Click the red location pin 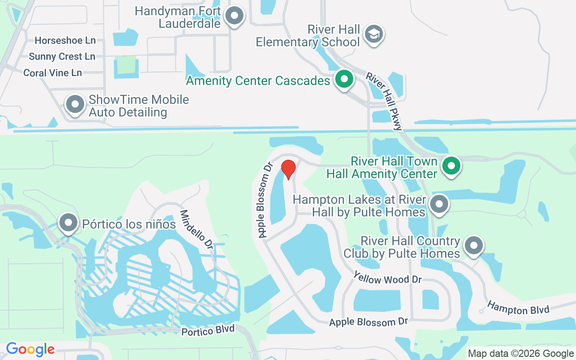click(x=288, y=169)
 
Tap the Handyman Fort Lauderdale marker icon click(x=234, y=16)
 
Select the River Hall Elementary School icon click(x=373, y=34)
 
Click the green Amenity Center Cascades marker click(x=344, y=80)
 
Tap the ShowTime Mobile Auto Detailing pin click(x=75, y=104)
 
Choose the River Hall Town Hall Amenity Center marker click(x=451, y=166)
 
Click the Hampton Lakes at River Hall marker click(x=439, y=205)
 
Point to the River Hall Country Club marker click(x=473, y=246)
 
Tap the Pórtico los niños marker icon click(x=68, y=222)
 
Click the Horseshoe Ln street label click(x=65, y=40)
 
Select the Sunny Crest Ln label click(x=62, y=57)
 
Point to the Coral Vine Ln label click(x=53, y=73)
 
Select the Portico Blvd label click(x=208, y=330)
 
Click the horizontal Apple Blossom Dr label click(x=368, y=322)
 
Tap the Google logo click(x=30, y=349)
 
